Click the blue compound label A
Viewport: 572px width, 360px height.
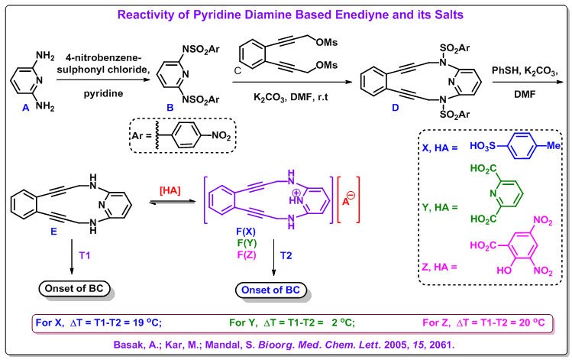[x=25, y=108]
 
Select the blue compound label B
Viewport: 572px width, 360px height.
[x=170, y=108]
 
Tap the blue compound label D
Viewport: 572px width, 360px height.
[x=396, y=108]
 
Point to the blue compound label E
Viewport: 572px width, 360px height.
[x=53, y=232]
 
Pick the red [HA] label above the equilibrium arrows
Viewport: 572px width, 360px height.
[x=170, y=190]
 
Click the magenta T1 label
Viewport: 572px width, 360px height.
[x=84, y=255]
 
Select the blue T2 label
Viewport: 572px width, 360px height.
[x=286, y=255]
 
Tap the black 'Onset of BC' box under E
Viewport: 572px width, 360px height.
[x=74, y=288]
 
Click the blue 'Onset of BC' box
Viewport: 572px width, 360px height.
[x=270, y=290]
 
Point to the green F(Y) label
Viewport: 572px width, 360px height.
[x=247, y=243]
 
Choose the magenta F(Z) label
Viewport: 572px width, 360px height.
[x=247, y=255]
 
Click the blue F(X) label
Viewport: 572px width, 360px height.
[x=246, y=232]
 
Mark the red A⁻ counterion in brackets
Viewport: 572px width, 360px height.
[x=348, y=199]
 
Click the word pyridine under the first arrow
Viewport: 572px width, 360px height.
[x=103, y=94]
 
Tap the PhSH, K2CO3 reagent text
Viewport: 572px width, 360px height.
[x=525, y=71]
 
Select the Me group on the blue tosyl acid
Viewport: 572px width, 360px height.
[x=553, y=146]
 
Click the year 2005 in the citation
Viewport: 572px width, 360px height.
[x=396, y=345]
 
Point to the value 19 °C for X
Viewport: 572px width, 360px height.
[x=145, y=323]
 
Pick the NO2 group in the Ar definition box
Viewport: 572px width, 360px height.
[x=221, y=136]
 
